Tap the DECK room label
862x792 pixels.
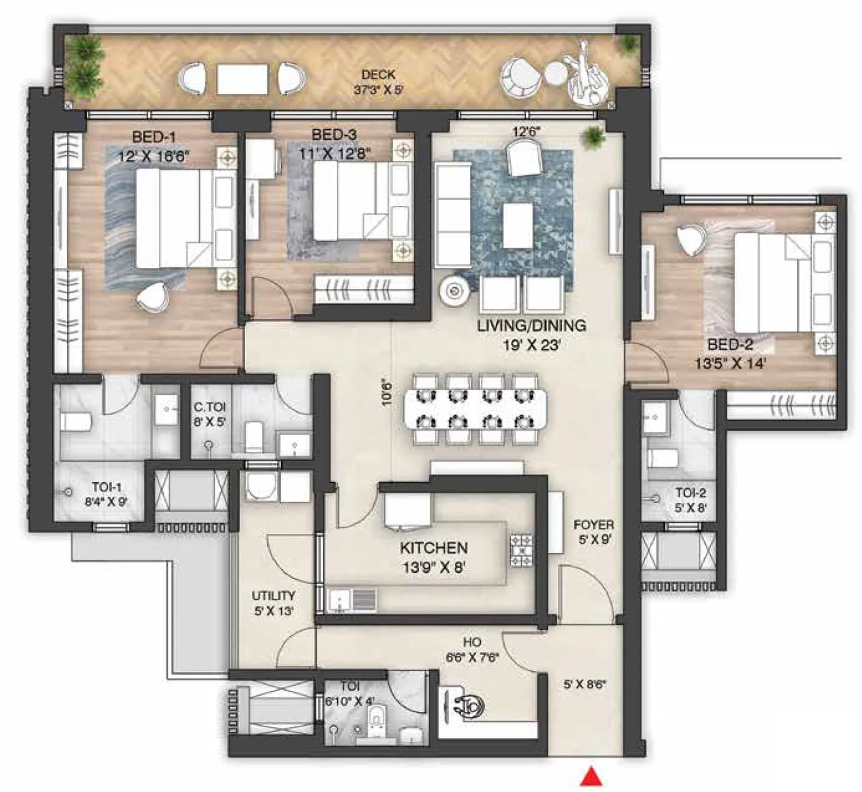[x=378, y=75]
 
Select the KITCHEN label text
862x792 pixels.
[x=434, y=548]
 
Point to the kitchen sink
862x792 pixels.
[x=339, y=600]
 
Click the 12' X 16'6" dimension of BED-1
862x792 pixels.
[x=154, y=157]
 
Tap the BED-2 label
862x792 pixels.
[x=730, y=344]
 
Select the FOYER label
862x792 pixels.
[x=593, y=525]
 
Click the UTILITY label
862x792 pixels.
[x=273, y=596]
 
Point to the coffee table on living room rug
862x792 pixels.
[x=518, y=225]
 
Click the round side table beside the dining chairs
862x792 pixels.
[x=455, y=291]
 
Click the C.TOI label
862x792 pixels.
[x=210, y=407]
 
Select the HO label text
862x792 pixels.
[x=472, y=642]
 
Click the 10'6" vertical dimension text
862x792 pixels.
[x=387, y=393]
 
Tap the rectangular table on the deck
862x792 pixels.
[x=242, y=80]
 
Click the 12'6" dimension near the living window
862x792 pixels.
[x=526, y=131]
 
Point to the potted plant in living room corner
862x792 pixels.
[x=594, y=136]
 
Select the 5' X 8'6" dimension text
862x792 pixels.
[x=585, y=684]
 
